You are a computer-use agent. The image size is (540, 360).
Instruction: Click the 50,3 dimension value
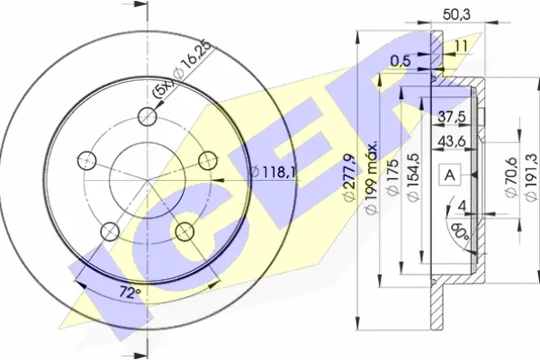tap(456, 14)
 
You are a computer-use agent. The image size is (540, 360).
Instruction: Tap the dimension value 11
tap(461, 46)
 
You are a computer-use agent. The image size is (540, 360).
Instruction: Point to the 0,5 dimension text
tap(400, 61)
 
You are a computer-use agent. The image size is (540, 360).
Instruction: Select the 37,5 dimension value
tap(452, 117)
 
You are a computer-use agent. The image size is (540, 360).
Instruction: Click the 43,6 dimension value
tap(452, 141)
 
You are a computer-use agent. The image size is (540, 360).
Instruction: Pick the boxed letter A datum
tap(450, 175)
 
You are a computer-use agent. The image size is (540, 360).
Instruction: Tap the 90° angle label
tap(460, 232)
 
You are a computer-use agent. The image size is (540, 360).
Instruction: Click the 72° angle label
tap(130, 292)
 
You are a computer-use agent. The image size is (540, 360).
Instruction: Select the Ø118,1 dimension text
tap(272, 172)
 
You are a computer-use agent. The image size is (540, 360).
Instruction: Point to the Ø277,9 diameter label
tap(348, 178)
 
